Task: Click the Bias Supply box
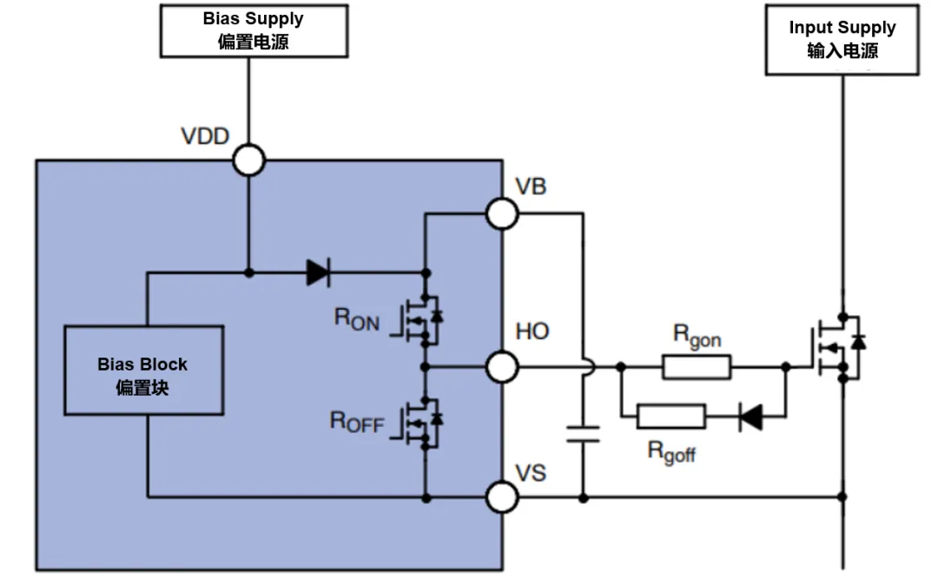pyautogui.click(x=253, y=31)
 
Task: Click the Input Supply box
pyautogui.click(x=842, y=40)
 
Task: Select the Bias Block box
pyautogui.click(x=144, y=370)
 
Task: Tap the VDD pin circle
pyautogui.click(x=249, y=161)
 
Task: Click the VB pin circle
pyautogui.click(x=502, y=213)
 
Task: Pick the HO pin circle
pyautogui.click(x=502, y=367)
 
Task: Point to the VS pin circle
pyautogui.click(x=502, y=498)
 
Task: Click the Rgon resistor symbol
pyautogui.click(x=697, y=367)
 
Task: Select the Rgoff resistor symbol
pyautogui.click(x=670, y=417)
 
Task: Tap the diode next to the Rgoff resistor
pyautogui.click(x=750, y=417)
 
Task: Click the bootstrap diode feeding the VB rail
pyautogui.click(x=318, y=273)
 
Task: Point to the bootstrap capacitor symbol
pyautogui.click(x=583, y=433)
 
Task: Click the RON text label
pyautogui.click(x=357, y=319)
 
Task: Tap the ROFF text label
pyautogui.click(x=356, y=422)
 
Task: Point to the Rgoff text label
pyautogui.click(x=671, y=450)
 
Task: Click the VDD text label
pyautogui.click(x=204, y=136)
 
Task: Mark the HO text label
pyautogui.click(x=532, y=332)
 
